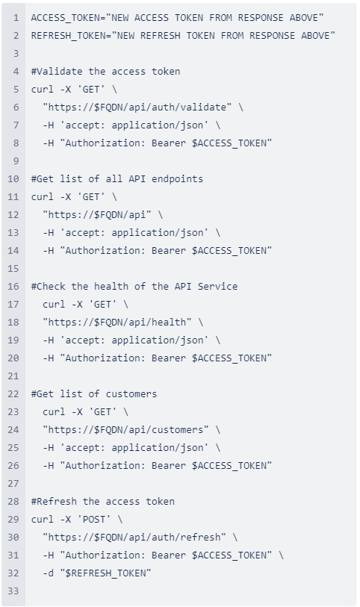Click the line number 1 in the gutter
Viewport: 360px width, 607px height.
(x=16, y=18)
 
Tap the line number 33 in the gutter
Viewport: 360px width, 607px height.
(x=13, y=591)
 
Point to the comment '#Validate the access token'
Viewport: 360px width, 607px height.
(x=105, y=71)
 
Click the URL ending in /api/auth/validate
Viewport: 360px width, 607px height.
(x=137, y=108)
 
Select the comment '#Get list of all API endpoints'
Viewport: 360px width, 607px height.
(x=117, y=179)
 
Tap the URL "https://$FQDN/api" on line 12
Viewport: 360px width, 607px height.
(x=97, y=214)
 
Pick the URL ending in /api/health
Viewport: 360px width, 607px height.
(x=117, y=322)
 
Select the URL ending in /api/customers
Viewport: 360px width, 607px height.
(x=125, y=430)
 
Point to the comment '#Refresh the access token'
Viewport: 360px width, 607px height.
(x=103, y=501)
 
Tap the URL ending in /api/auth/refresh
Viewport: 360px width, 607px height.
(x=134, y=538)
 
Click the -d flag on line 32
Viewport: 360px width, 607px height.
(x=49, y=573)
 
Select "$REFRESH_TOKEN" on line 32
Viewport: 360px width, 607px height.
(x=105, y=573)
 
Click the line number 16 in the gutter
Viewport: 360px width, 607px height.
(x=13, y=287)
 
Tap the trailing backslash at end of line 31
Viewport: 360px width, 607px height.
(x=281, y=555)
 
